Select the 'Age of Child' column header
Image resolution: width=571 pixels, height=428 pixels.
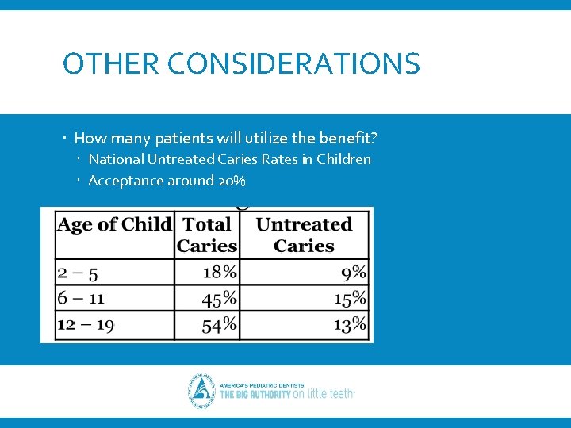tap(114, 225)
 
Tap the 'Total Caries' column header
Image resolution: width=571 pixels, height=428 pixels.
tap(207, 235)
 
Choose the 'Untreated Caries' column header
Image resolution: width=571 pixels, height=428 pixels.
tap(305, 235)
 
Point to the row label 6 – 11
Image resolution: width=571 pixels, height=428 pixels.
tap(81, 298)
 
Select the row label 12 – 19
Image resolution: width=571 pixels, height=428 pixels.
tap(86, 324)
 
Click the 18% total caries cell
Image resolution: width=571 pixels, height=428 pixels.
tap(220, 273)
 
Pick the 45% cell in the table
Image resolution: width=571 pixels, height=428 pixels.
tap(220, 298)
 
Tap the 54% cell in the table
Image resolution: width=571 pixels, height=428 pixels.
tap(220, 324)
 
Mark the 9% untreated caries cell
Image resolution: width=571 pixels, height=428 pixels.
tap(354, 273)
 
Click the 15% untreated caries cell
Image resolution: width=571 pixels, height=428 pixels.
tap(350, 298)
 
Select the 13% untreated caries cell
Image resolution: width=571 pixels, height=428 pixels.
tap(350, 324)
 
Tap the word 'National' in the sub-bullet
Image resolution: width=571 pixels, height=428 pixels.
tap(116, 159)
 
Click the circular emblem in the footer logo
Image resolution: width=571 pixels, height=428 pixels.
tap(201, 390)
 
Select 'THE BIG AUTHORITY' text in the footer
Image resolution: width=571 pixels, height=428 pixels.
tap(255, 394)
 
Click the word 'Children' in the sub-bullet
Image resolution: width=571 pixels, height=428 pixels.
tap(343, 159)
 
